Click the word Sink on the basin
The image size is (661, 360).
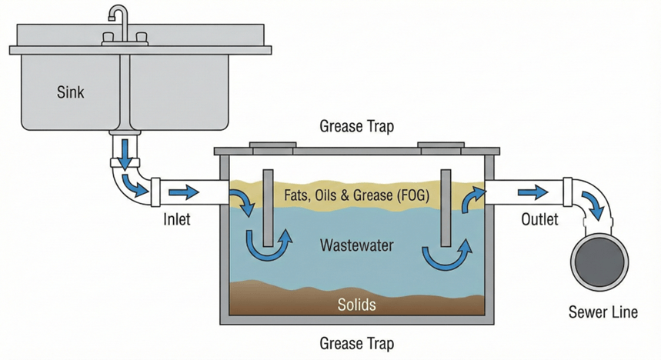[x=71, y=93]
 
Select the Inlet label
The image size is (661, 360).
[x=178, y=220]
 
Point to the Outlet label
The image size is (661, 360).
[x=539, y=219]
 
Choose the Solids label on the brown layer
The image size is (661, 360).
[x=357, y=305]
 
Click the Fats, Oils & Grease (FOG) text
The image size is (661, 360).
[x=356, y=195]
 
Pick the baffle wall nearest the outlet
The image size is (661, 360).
[x=445, y=205]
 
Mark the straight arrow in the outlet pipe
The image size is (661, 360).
[x=529, y=192]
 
